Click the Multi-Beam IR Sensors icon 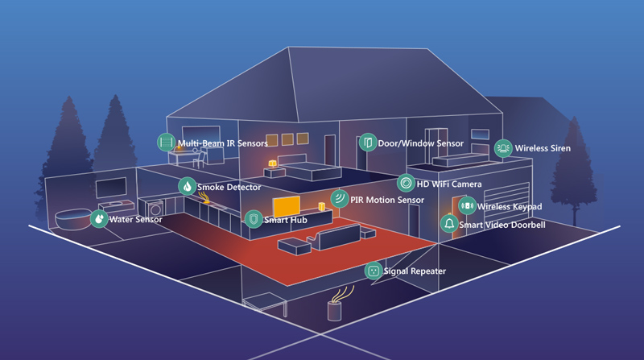(x=167, y=143)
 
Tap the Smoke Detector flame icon (x=187, y=187)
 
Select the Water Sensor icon (x=99, y=218)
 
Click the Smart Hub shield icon (x=254, y=219)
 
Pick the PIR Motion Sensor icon (x=340, y=199)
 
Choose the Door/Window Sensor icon (x=368, y=143)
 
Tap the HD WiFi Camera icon (x=407, y=184)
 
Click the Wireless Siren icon (x=503, y=147)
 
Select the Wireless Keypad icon (x=467, y=206)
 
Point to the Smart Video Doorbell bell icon (x=449, y=224)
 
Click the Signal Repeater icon (x=373, y=271)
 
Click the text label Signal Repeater (x=415, y=271)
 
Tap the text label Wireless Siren (x=543, y=148)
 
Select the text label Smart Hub (x=286, y=219)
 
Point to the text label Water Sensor (x=135, y=219)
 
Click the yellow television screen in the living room (x=287, y=207)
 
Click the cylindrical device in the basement (x=335, y=309)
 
